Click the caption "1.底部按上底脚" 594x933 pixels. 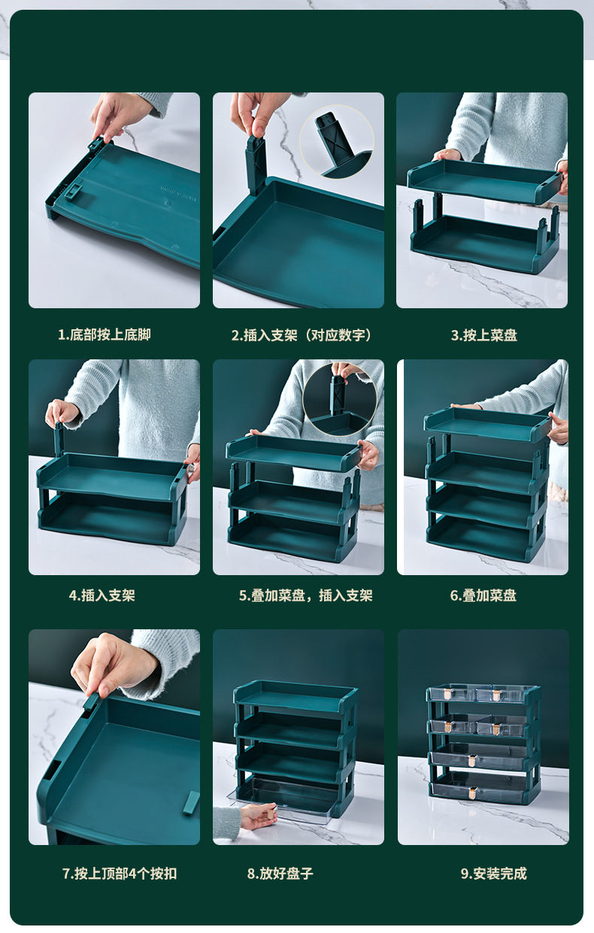click(105, 335)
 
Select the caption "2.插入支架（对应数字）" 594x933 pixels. click(302, 335)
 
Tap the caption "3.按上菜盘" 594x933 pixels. click(483, 335)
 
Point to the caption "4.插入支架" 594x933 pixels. click(102, 595)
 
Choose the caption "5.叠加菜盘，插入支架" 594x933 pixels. click(305, 595)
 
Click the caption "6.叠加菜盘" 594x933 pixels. click(483, 595)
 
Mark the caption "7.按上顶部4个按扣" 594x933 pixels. click(120, 873)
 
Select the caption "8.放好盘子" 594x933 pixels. click(280, 873)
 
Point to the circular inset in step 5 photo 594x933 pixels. click(339, 398)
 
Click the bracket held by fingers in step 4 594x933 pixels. click(58, 438)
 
